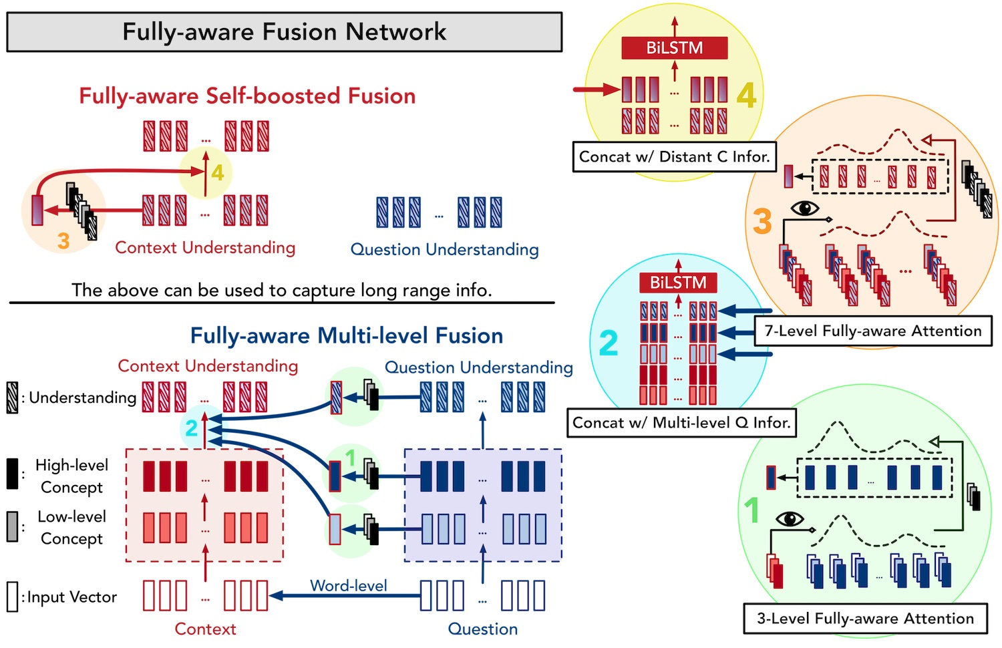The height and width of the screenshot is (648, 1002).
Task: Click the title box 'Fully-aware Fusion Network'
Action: coord(284,32)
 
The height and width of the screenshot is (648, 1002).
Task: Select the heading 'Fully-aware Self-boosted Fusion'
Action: coord(247,96)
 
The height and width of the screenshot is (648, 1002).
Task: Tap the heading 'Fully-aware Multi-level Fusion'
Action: coord(347,335)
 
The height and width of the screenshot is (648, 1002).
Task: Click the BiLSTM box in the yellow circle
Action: coord(675,48)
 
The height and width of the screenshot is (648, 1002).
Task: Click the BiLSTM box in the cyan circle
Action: coord(678,283)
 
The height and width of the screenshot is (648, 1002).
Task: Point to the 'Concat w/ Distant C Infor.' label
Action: coord(674,156)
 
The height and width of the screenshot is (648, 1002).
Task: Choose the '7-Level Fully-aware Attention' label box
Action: coord(872,331)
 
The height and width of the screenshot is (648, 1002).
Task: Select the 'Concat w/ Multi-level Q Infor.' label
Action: coord(681,423)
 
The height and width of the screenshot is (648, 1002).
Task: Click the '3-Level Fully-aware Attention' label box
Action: coord(865,619)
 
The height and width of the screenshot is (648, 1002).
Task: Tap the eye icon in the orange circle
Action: coord(805,208)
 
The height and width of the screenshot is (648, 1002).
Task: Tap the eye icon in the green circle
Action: coord(790,519)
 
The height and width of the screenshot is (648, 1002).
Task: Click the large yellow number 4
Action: coord(746,96)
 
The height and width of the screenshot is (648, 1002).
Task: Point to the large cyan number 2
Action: coord(609,343)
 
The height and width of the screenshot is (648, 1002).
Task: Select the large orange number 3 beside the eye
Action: coord(762,221)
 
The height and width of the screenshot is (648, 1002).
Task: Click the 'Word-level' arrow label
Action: coord(349,585)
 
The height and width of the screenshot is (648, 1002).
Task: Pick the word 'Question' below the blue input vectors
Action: coord(483,629)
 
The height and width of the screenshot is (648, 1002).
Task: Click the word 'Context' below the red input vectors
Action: coord(205,629)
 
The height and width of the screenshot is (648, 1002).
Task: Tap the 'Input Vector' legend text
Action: coord(72,597)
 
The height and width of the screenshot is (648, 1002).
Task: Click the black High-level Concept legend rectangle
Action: coord(13,473)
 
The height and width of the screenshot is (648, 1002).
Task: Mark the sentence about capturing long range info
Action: coord(282,290)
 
